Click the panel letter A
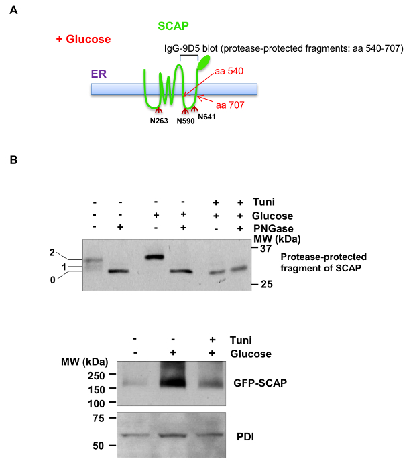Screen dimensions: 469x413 [14, 11]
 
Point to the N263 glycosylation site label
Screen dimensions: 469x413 [160, 122]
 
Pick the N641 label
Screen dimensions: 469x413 [207, 117]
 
